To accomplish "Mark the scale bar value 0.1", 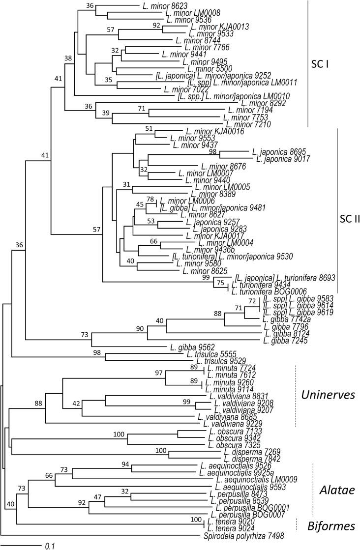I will click(50, 545).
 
